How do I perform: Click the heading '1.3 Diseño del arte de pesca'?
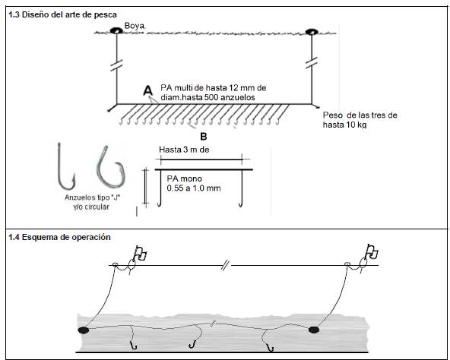tap(62, 14)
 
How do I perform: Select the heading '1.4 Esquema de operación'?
tap(59, 237)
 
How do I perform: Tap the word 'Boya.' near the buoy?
tap(135, 26)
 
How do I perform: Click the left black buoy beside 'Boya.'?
tap(116, 30)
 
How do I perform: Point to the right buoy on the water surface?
tap(312, 32)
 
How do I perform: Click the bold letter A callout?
tap(147, 90)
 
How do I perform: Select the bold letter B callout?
tap(204, 137)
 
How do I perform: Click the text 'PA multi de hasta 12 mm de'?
tap(214, 88)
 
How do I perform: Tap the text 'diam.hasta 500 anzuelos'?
tap(208, 97)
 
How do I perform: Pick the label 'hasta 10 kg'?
tap(344, 125)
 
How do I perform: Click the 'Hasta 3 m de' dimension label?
tap(184, 150)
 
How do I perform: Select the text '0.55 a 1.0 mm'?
tap(194, 188)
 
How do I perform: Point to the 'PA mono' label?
tap(184, 178)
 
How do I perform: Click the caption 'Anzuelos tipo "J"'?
tap(93, 197)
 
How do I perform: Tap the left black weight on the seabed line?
tap(84, 330)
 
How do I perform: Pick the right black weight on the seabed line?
tap(314, 330)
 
